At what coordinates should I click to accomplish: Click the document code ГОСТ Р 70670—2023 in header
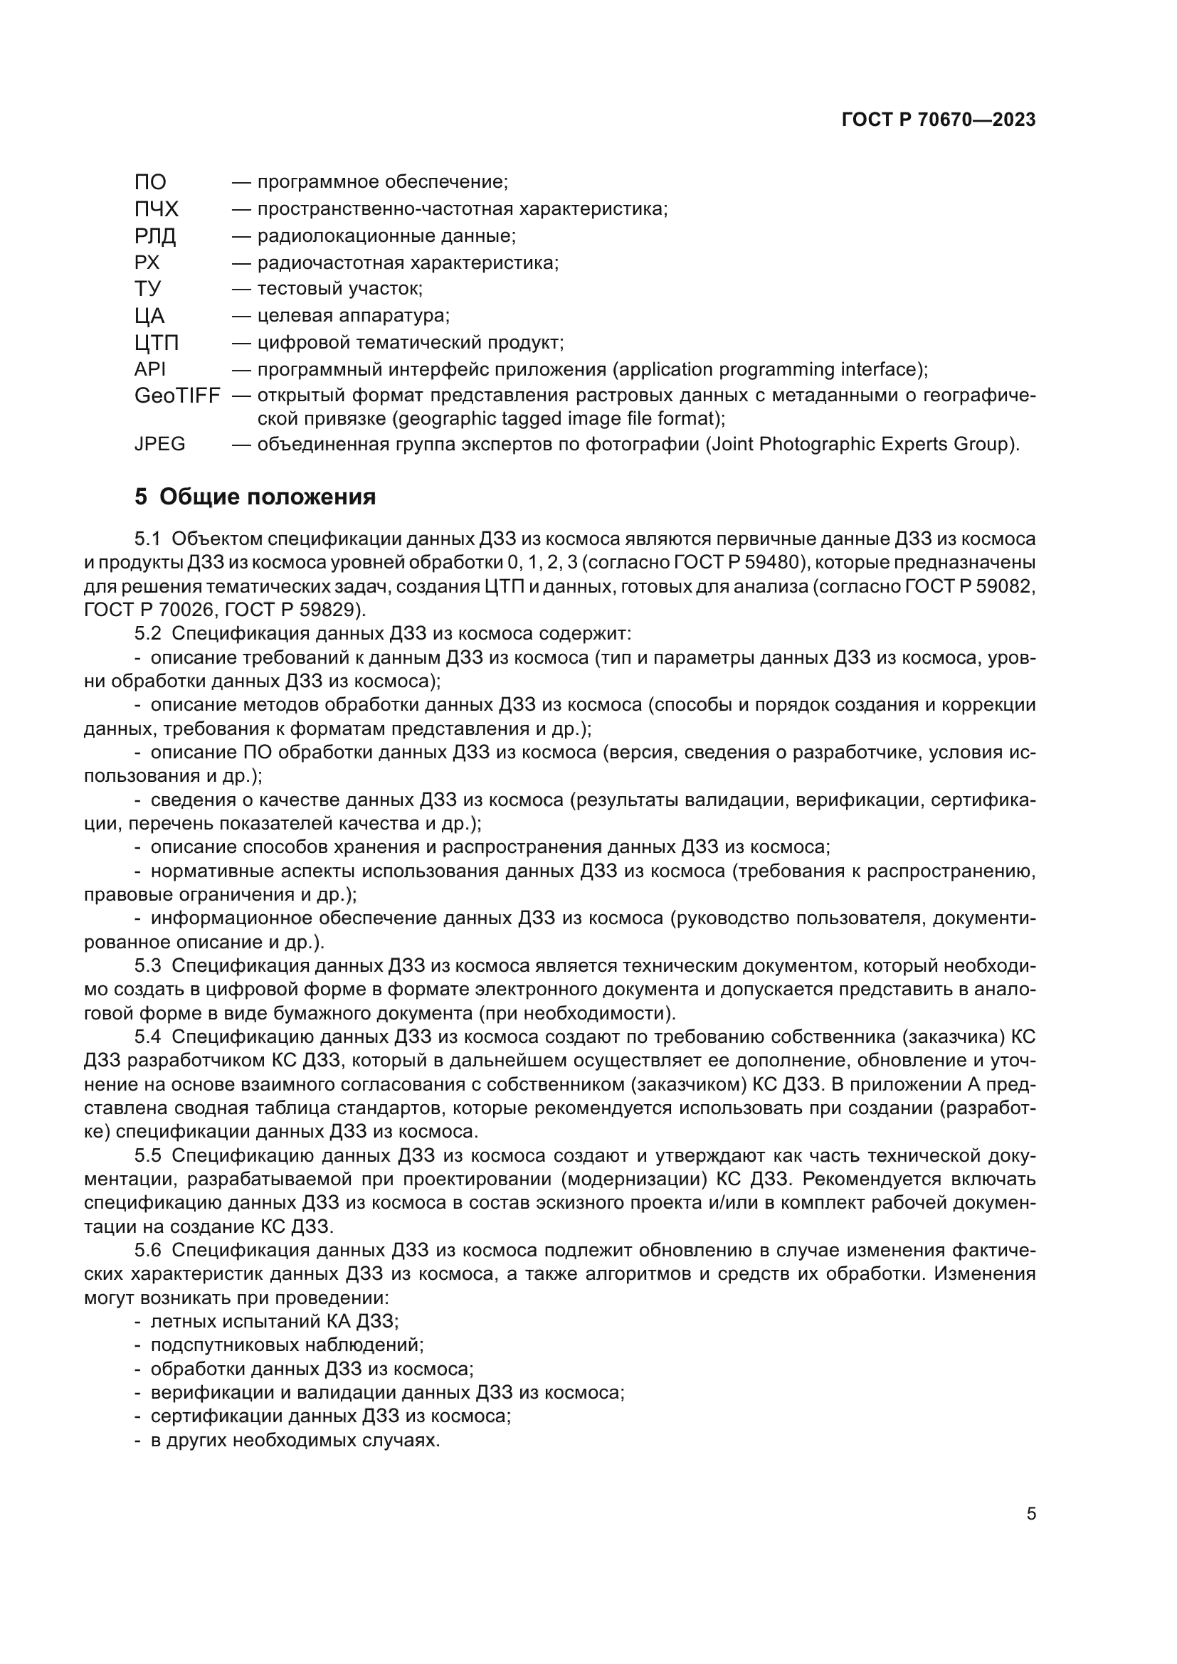939,120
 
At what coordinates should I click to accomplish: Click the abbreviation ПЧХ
156,209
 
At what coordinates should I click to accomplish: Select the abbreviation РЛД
155,236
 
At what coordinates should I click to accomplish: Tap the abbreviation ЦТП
157,342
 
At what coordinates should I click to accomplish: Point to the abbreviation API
150,369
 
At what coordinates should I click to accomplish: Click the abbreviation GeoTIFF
177,396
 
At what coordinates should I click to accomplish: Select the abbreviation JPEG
159,443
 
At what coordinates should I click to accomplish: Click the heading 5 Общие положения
255,497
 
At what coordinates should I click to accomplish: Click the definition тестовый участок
339,289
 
